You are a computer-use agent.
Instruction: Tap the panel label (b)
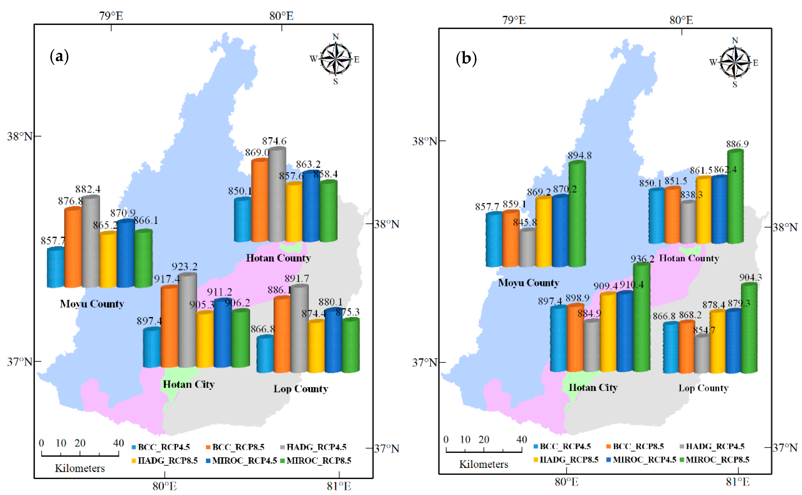tap(466, 59)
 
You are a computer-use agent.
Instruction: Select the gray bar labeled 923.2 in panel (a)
tap(187, 321)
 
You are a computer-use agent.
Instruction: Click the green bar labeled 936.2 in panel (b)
tap(641, 317)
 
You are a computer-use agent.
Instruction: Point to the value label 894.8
tap(579, 156)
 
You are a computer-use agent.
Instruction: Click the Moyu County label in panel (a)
tap(92, 304)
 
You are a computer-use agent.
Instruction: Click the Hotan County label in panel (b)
tap(689, 258)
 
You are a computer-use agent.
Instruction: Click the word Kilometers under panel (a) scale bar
tap(80, 468)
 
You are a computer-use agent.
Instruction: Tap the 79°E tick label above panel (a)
tap(111, 16)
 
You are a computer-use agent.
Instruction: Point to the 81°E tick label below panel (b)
tap(737, 482)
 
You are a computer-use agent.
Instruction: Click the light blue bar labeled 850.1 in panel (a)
tap(243, 220)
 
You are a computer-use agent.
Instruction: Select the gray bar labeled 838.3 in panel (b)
tap(688, 223)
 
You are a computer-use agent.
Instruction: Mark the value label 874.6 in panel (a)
tap(274, 141)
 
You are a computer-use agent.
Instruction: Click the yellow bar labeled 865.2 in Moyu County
tap(108, 260)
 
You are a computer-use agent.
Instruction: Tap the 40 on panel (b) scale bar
tap(521, 439)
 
